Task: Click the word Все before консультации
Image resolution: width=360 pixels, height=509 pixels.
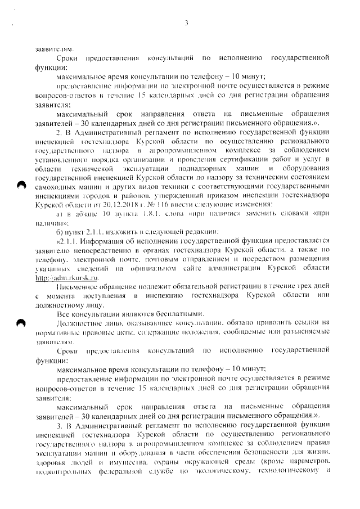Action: (64, 314)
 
